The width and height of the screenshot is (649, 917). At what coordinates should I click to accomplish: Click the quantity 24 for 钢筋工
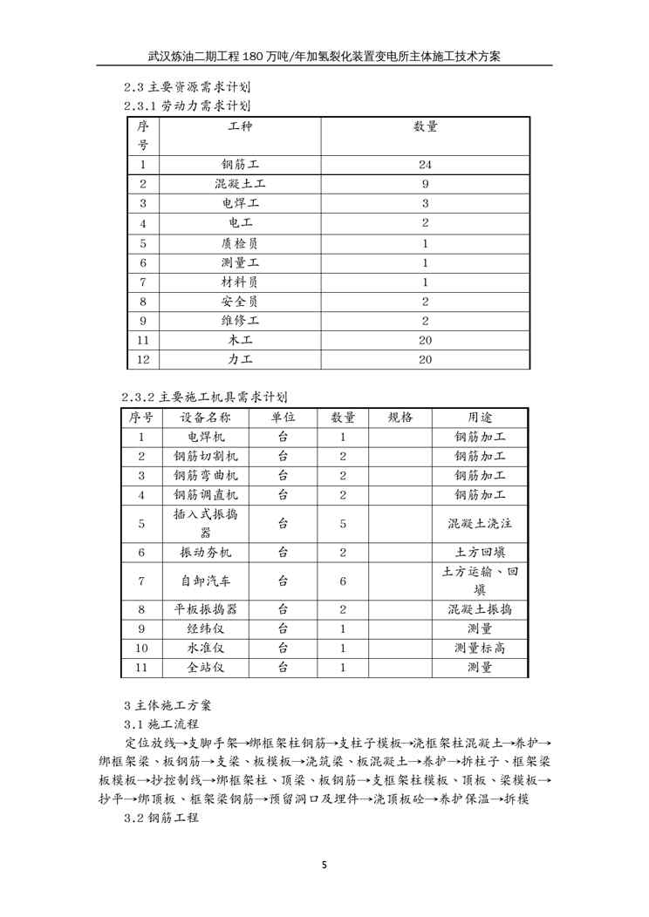click(425, 164)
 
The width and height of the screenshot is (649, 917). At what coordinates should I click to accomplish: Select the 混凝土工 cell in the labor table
click(240, 184)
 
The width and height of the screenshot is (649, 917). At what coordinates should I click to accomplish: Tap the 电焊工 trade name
click(240, 203)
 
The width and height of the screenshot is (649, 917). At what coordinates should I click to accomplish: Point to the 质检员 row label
click(240, 243)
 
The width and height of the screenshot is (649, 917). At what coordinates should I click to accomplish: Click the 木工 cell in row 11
click(240, 340)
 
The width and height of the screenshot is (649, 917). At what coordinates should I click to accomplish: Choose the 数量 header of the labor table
click(425, 127)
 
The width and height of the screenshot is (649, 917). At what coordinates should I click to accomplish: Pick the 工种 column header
click(240, 127)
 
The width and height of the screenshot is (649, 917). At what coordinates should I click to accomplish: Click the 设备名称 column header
click(205, 417)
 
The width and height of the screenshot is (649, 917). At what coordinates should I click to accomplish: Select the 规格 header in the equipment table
click(400, 417)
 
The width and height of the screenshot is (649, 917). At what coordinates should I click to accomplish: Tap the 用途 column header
click(480, 417)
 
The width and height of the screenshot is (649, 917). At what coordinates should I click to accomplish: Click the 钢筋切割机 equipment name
click(205, 456)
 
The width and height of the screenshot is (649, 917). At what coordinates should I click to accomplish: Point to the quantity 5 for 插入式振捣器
click(343, 524)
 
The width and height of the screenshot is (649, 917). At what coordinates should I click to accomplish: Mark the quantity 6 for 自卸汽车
click(343, 581)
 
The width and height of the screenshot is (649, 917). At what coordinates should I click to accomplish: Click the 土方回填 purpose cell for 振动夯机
click(480, 552)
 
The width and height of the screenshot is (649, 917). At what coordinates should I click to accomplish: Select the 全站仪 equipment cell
click(205, 668)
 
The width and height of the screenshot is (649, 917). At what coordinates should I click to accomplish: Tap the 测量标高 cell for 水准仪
click(480, 648)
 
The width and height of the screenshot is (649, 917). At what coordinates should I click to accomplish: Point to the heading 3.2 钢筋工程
click(162, 818)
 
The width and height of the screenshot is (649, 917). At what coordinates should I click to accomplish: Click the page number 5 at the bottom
click(324, 866)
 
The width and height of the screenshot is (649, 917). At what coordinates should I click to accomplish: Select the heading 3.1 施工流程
click(162, 723)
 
